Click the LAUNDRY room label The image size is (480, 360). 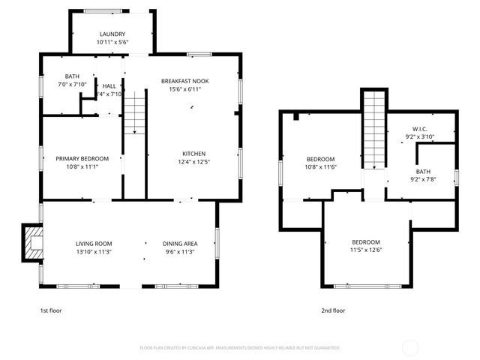tap(112, 34)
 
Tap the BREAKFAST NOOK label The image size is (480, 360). tap(184, 81)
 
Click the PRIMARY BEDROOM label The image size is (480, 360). tap(82, 158)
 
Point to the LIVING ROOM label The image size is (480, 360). tap(94, 244)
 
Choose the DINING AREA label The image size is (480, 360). tap(180, 244)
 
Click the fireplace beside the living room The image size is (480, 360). tap(31, 242)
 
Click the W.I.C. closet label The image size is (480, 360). tap(420, 128)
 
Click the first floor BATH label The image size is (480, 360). tap(72, 76)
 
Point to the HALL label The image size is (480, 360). tap(109, 86)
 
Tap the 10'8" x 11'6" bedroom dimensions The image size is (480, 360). tap(320, 168)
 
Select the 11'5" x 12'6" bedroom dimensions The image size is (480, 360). tap(367, 251)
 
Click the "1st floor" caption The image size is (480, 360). tap(51, 310)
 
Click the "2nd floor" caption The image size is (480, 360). tap(333, 310)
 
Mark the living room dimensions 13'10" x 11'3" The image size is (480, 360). tap(94, 252)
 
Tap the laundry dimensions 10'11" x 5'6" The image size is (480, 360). tap(112, 43)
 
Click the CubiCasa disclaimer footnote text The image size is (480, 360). tap(240, 348)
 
